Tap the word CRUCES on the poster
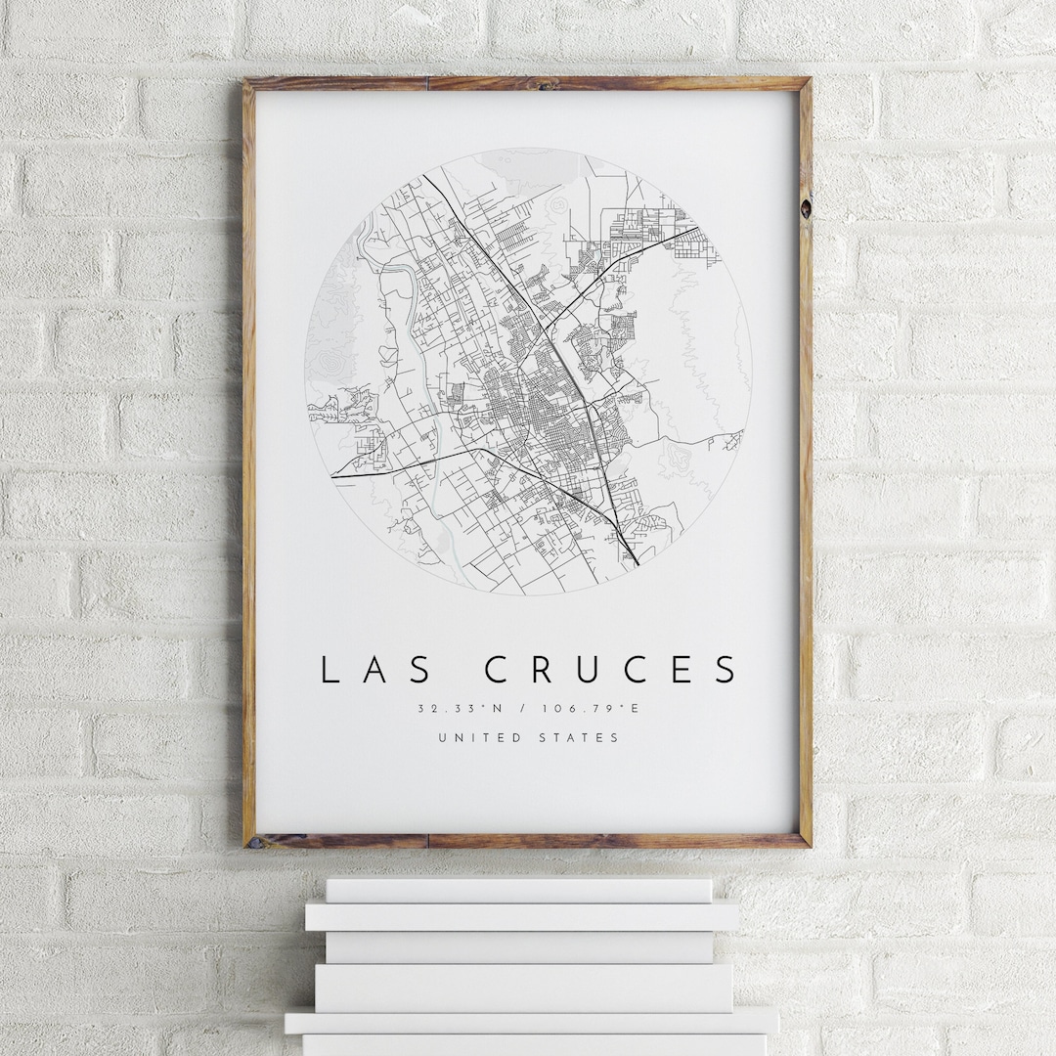611,670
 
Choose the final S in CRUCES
726,670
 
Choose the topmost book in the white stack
518,890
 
